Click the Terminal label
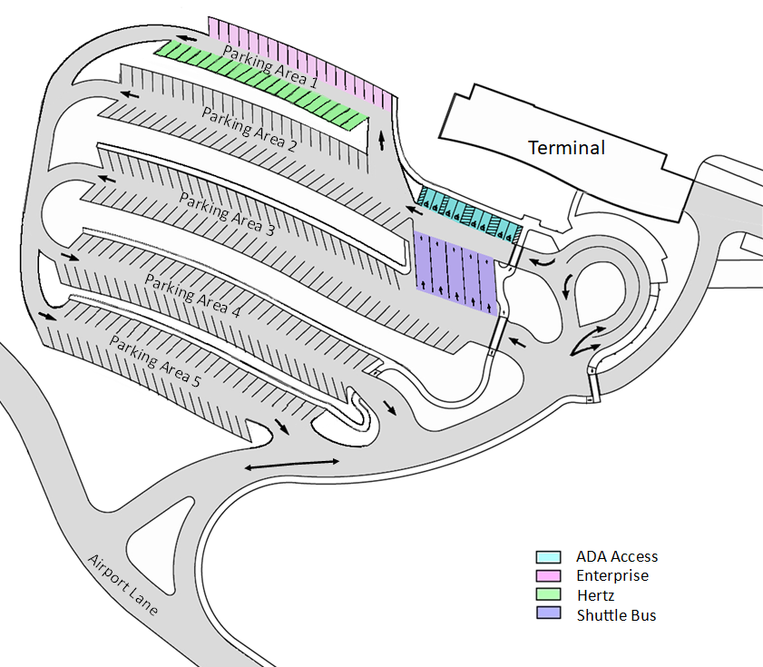tap(567, 147)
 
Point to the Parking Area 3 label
tap(226, 214)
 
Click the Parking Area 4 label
tap(192, 295)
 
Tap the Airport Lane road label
tap(123, 584)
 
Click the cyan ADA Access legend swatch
tap(548, 556)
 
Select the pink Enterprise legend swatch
tap(548, 575)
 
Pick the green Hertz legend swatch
tap(548, 595)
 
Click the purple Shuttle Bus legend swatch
tap(548, 614)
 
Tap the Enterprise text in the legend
tap(611, 575)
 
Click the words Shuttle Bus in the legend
tap(616, 614)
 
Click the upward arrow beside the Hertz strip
tap(381, 137)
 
